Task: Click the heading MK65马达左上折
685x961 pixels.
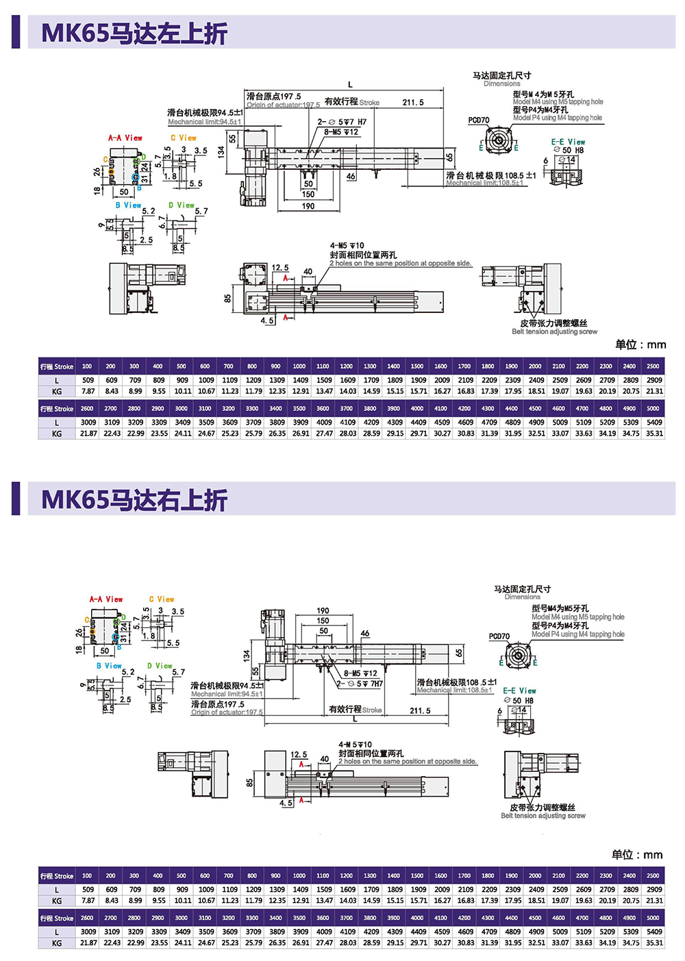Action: pos(134,33)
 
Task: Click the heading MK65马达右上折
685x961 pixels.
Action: pos(134,500)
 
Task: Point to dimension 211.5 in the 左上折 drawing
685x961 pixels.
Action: pos(412,103)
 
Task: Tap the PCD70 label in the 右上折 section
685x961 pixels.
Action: pos(499,636)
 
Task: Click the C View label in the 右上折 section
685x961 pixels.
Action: pos(162,599)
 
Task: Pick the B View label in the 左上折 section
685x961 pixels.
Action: pos(128,205)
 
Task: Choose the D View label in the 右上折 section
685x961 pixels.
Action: pos(160,666)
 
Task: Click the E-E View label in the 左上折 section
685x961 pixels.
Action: pos(568,142)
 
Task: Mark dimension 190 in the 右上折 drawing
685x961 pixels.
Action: pos(323,610)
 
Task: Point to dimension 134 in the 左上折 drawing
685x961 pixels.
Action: pos(221,151)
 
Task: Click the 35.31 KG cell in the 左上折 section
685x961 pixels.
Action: pos(654,434)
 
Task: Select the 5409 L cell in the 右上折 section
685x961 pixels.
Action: pos(654,932)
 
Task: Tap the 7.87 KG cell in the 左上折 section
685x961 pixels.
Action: pos(88,392)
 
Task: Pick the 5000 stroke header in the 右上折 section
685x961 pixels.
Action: pos(653,918)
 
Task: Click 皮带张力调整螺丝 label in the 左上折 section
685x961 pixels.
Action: pos(553,323)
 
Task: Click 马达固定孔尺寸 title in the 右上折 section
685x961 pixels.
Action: pos(522,589)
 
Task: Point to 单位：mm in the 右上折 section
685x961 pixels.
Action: pos(637,854)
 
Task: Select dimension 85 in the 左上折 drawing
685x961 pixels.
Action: pos(227,299)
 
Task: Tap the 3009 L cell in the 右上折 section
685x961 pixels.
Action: pos(88,932)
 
